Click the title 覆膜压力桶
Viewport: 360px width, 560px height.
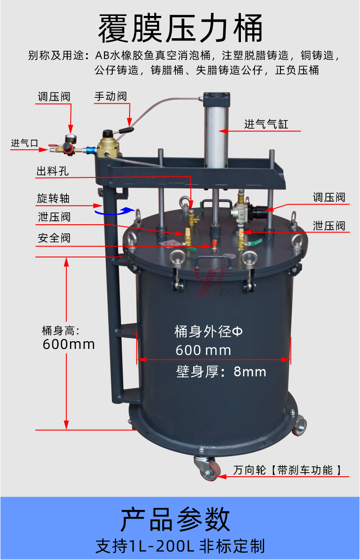tap(180, 28)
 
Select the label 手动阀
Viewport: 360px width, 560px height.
tap(110, 96)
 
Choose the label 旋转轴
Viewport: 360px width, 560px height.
tap(53, 199)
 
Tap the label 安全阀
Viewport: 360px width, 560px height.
tap(54, 238)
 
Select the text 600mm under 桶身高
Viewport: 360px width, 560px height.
tap(69, 344)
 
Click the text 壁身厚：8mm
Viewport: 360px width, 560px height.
tap(221, 372)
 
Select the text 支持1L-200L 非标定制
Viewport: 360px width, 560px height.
tap(180, 546)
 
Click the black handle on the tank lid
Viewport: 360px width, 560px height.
tap(212, 263)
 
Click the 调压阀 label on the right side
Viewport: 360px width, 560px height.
tap(329, 197)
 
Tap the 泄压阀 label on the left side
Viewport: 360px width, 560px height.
tap(54, 217)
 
